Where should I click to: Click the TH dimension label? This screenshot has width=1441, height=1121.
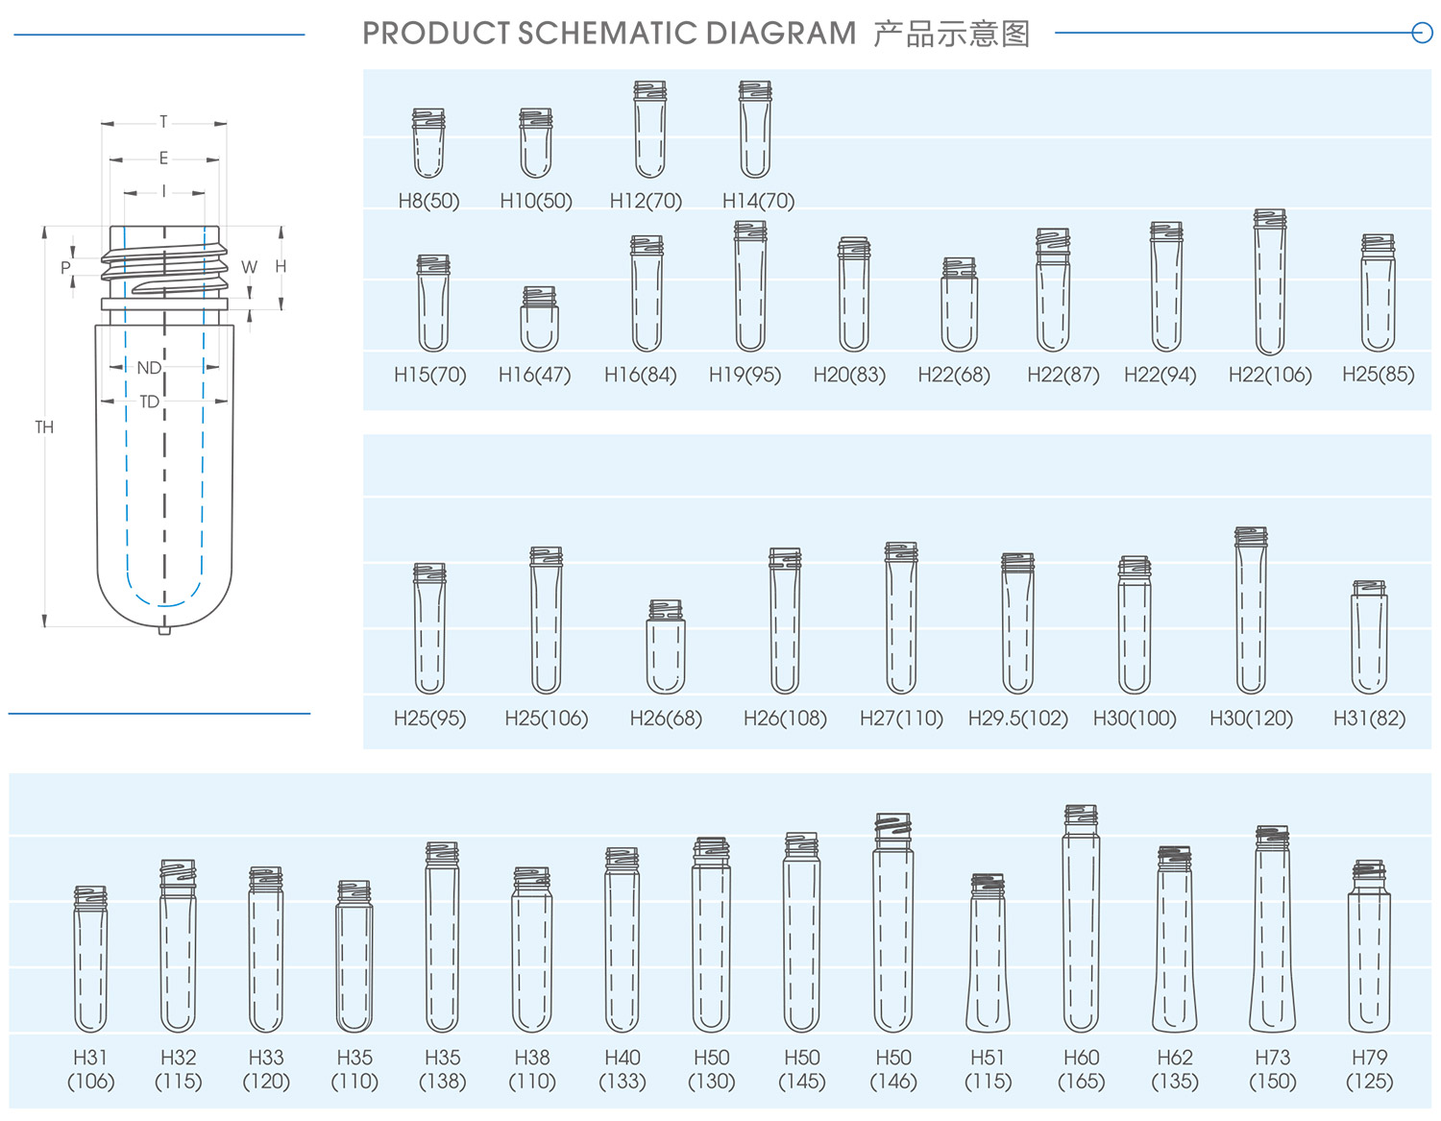point(44,426)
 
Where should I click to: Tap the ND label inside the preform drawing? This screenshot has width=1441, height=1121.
point(149,368)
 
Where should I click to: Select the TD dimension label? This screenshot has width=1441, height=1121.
point(149,402)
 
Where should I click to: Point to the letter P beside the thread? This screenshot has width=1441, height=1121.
point(65,268)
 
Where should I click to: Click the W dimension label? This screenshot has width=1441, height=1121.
point(249,267)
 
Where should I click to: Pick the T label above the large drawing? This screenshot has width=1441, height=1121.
point(163,122)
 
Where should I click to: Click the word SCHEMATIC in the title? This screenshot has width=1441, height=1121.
point(606,34)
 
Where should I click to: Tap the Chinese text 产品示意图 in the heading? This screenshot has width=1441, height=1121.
point(951,34)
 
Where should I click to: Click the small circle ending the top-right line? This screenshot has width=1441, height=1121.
point(1422,32)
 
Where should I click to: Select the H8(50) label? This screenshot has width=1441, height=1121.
point(428,201)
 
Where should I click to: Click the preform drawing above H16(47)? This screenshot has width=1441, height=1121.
point(539,318)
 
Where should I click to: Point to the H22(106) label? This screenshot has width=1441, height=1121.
point(1270,375)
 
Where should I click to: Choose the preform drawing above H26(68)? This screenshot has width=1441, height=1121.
point(666,646)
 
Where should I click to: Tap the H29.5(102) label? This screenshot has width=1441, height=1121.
point(1018,718)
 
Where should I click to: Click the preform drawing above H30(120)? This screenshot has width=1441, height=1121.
point(1251,610)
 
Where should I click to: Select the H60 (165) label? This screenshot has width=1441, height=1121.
point(1081,1068)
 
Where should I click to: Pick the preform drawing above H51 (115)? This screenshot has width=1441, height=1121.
point(988,953)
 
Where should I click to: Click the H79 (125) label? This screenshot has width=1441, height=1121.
point(1369,1068)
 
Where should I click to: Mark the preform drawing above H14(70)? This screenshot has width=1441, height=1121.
point(755,130)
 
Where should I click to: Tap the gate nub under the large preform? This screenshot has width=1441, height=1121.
point(164,630)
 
